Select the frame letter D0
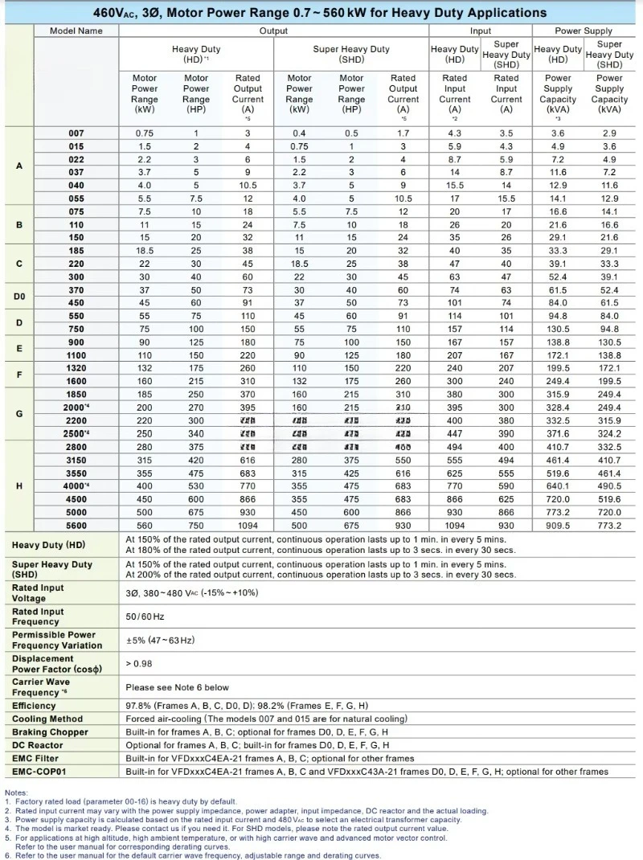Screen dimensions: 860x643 coord(19,297)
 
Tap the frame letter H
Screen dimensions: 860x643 coord(19,486)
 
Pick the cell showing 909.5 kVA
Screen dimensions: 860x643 coord(558,525)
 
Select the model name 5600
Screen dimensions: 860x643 coord(76,525)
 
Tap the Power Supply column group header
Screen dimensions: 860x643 coord(584,31)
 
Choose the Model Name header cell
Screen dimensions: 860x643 coord(76,31)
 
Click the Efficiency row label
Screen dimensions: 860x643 coord(34,706)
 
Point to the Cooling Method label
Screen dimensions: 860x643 coord(47,719)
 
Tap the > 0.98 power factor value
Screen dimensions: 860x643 coord(139,664)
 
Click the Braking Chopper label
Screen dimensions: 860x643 coord(50,732)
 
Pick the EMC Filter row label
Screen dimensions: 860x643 coord(35,758)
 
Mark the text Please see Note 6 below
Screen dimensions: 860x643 coord(177,687)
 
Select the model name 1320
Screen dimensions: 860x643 coord(76,368)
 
